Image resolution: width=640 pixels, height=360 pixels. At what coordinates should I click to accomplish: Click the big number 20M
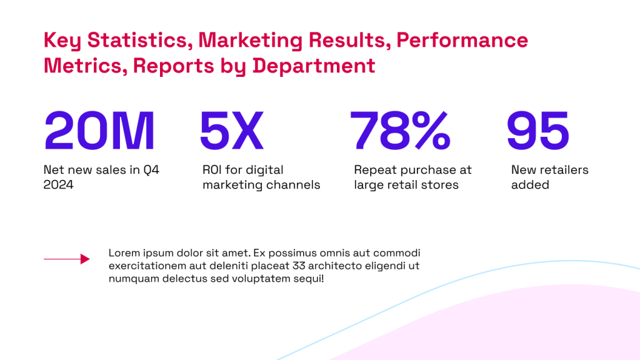pos(99,131)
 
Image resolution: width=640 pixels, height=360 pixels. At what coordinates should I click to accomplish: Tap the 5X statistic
pos(231,131)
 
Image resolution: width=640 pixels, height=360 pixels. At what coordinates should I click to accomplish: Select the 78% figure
pos(400,131)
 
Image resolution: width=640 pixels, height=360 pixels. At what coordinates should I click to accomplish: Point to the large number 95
pos(537,131)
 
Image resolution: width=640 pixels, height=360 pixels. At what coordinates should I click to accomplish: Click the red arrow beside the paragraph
pos(66,259)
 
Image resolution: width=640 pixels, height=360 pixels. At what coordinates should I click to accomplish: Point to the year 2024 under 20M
pos(58,185)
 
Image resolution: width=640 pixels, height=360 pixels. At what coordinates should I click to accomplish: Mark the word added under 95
pos(530,185)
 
